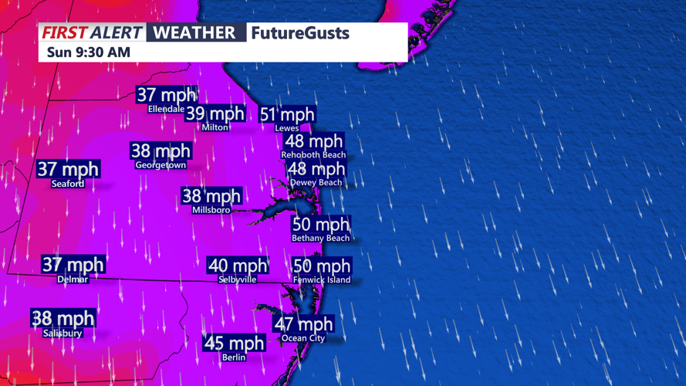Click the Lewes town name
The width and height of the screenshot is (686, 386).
tap(286, 128)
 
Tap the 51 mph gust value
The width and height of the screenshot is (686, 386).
tap(287, 114)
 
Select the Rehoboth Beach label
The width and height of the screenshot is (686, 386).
tap(313, 155)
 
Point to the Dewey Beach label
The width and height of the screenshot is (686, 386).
tap(316, 182)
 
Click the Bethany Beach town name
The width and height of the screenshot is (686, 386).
tap(320, 239)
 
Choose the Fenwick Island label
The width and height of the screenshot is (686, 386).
tap(322, 280)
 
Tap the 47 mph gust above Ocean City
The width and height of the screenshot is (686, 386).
tap(303, 324)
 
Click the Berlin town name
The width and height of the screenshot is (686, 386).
tap(233, 357)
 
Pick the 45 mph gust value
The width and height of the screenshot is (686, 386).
tap(234, 343)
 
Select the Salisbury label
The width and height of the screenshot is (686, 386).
tap(63, 334)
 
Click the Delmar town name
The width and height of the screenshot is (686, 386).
tap(73, 279)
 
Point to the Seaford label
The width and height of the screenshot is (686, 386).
tap(68, 184)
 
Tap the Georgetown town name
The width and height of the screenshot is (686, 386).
tap(161, 165)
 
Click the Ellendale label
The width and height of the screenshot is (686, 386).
tap(166, 109)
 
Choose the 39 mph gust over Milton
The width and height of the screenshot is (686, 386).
tap(215, 113)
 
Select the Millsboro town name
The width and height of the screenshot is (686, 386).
tap(211, 210)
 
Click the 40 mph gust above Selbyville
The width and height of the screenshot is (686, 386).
tap(238, 266)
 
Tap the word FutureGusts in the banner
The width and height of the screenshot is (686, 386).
tap(300, 33)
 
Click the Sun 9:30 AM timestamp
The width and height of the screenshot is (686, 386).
tap(89, 52)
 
